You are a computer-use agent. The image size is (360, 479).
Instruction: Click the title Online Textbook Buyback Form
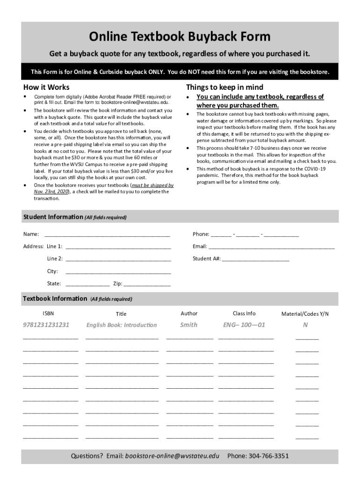click(180, 36)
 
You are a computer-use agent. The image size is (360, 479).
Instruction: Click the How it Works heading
click(46, 87)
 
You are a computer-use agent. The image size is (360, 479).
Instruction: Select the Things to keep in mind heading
click(224, 87)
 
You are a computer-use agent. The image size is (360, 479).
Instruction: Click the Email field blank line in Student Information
click(271, 247)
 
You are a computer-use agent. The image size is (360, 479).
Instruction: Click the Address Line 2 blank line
click(118, 259)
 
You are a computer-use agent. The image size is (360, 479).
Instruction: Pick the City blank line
click(118, 272)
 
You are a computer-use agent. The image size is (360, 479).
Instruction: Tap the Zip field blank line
click(147, 284)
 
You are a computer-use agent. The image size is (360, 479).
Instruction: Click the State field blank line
click(87, 284)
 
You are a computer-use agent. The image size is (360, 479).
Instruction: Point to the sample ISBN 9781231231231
click(46, 325)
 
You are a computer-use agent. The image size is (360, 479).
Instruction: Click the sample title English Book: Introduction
click(122, 325)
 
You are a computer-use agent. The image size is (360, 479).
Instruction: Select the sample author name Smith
click(189, 325)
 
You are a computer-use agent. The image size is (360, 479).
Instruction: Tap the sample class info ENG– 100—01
click(244, 325)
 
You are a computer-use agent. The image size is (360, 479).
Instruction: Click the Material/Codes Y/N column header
click(305, 314)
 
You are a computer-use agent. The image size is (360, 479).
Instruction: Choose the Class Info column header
click(244, 313)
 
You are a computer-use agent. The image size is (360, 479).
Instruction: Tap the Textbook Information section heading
click(55, 299)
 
